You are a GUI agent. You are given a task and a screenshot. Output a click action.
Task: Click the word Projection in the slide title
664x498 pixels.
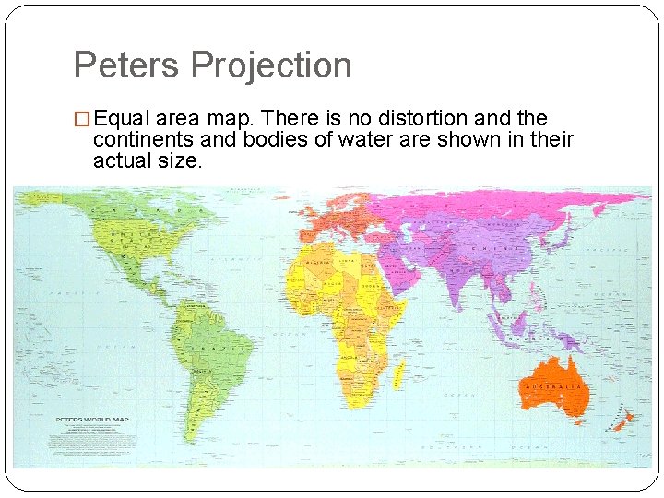[x=271, y=65]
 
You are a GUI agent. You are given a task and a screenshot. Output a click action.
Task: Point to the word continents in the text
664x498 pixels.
[x=141, y=140]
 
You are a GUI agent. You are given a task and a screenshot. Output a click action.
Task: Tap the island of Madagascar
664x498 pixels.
[x=398, y=374]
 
